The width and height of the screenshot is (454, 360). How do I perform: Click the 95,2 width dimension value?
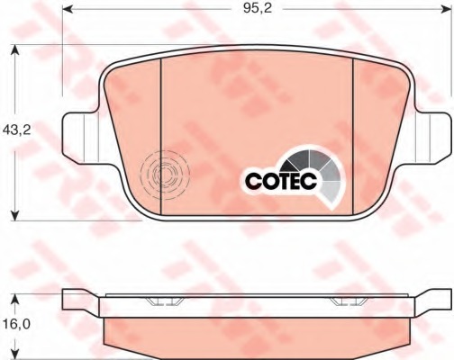pyautogui.click(x=257, y=8)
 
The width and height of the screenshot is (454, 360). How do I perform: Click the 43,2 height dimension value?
pyautogui.click(x=16, y=130)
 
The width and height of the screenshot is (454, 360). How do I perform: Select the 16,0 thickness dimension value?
pyautogui.click(x=16, y=324)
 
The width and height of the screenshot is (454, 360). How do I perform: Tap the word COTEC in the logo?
pyautogui.click(x=281, y=181)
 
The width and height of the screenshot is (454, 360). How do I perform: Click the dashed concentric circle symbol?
pyautogui.click(x=165, y=174)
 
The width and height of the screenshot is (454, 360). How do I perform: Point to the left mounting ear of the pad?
pyautogui.click(x=80, y=138)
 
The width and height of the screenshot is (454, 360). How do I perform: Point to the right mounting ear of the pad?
pyautogui.click(x=433, y=138)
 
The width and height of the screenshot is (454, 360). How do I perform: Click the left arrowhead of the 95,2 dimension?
pyautogui.click(x=68, y=9)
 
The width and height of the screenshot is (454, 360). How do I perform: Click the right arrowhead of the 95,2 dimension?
pyautogui.click(x=446, y=9)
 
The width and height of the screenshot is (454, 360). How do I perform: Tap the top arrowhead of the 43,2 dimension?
pyautogui.click(x=14, y=50)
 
